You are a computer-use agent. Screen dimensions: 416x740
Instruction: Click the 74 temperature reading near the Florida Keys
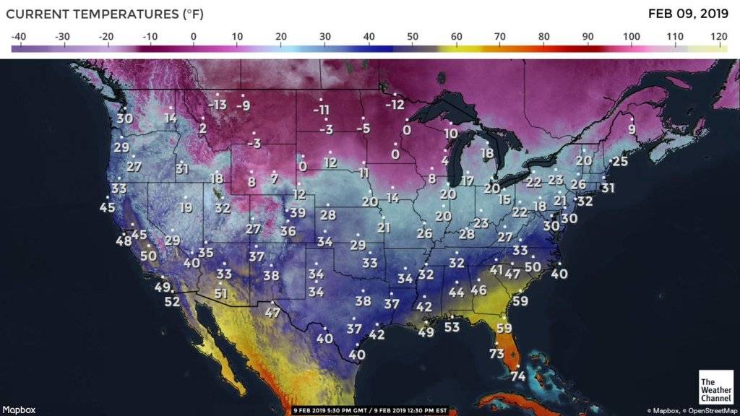point(517,376)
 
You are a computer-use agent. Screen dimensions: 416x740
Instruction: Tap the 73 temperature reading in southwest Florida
point(496,354)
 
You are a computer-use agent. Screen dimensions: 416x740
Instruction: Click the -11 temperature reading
point(322,110)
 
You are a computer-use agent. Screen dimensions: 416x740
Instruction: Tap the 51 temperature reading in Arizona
point(220,294)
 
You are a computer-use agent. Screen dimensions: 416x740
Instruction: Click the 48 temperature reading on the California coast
point(124,241)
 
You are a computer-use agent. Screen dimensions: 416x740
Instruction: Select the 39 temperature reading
point(297,213)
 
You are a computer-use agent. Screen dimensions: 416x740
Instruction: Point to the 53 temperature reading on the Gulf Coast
point(452,327)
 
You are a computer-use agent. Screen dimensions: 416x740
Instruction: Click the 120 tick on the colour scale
point(718,35)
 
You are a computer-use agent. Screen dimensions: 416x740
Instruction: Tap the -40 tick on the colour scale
point(20,35)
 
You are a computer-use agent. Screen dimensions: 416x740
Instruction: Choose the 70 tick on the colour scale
point(500,35)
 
